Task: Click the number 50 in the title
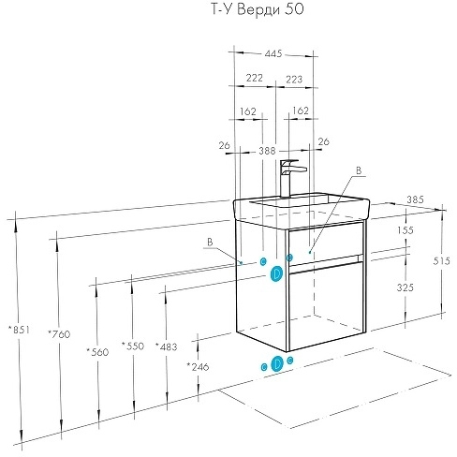(x=294, y=9)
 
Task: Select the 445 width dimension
(x=273, y=53)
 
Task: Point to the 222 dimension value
(x=255, y=78)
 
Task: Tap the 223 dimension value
(x=294, y=80)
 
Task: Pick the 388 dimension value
(x=267, y=151)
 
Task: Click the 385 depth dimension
(x=415, y=199)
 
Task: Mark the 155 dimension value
(x=405, y=230)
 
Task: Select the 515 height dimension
(x=441, y=261)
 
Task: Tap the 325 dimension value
(x=405, y=287)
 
